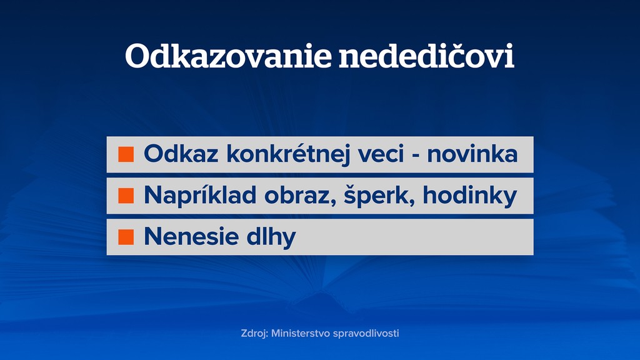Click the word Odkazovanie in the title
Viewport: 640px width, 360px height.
click(x=228, y=56)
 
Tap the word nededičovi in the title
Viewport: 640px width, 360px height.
click(x=426, y=55)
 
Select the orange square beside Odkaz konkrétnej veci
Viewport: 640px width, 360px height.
click(x=126, y=154)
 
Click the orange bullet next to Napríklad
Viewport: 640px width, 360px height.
click(x=126, y=196)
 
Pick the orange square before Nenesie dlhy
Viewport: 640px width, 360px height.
click(x=126, y=237)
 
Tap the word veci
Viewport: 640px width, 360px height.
click(x=381, y=154)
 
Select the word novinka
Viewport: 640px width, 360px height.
click(x=472, y=154)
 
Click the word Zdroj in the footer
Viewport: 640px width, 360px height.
click(x=254, y=334)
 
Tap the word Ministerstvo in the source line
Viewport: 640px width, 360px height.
click(x=301, y=334)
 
